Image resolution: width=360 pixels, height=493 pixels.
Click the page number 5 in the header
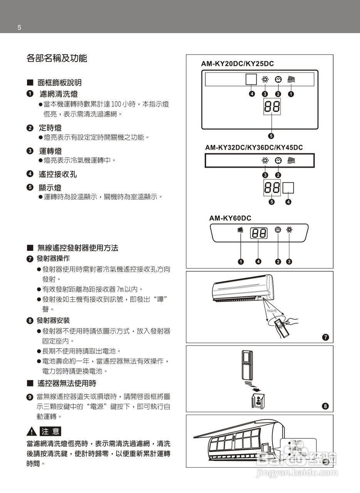[19, 28]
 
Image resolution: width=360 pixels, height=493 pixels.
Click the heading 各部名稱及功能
[57, 59]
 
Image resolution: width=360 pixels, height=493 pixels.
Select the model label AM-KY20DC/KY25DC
[237, 64]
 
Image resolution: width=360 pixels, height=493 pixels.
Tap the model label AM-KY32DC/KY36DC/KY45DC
[254, 148]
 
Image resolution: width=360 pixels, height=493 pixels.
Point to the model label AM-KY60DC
[230, 218]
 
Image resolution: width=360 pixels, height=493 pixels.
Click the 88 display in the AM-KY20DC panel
[272, 106]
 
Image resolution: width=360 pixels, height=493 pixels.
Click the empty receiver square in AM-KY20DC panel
[251, 79]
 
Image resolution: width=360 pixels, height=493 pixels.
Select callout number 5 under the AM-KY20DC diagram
[271, 136]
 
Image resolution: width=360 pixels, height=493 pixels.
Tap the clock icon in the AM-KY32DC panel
[278, 161]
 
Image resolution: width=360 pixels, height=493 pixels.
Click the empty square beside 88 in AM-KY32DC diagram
[288, 188]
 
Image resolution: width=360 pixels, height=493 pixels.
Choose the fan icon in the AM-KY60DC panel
[289, 230]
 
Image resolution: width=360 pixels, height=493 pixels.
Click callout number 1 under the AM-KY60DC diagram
[241, 262]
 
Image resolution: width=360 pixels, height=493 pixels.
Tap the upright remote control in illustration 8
[246, 363]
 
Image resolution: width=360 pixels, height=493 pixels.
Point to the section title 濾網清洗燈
[59, 94]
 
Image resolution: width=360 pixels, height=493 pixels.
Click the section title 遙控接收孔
[58, 174]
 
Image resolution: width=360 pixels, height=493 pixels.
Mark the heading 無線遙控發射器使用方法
[77, 248]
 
